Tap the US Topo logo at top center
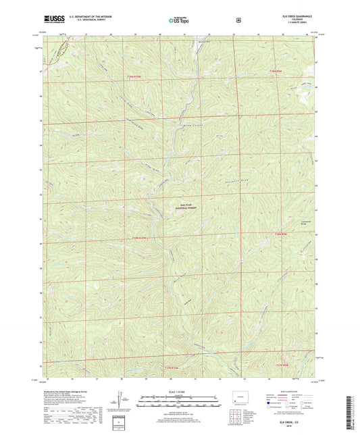pos(179,20)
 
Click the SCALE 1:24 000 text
pos(179,392)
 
